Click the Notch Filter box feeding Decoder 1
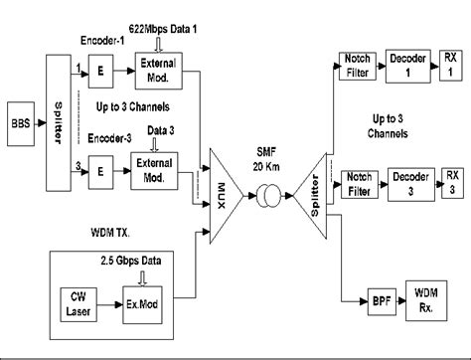(354, 67)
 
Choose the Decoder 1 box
(408, 66)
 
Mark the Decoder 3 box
(408, 183)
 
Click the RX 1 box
(452, 67)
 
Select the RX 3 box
(452, 183)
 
